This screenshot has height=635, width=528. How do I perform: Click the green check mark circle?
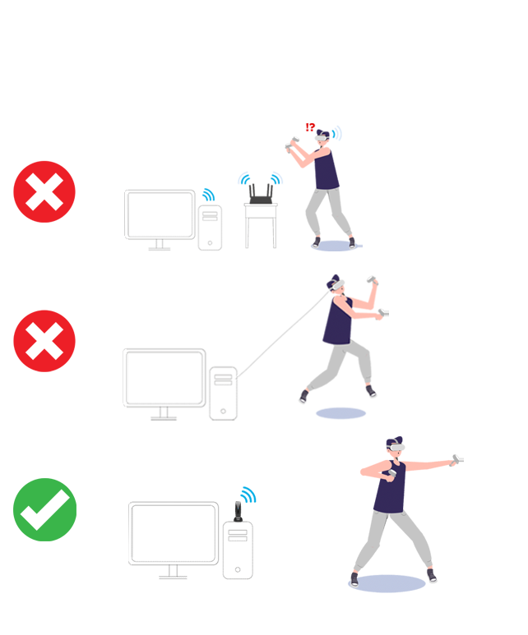coord(44,509)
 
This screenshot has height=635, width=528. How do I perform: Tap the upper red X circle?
coord(44,191)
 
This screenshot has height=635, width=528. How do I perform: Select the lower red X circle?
coord(44,341)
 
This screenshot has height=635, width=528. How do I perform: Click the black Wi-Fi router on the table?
coord(261,195)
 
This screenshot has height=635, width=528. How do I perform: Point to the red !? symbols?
coord(310,127)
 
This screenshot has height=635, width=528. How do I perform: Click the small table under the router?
coord(261,225)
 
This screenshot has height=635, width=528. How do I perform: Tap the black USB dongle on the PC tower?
coord(238,512)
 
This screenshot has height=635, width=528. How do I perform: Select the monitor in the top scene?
coord(160,219)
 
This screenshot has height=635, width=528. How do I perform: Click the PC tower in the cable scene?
coord(223,393)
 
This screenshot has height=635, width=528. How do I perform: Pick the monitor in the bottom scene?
coord(174,540)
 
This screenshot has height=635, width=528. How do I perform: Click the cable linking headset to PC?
coord(283,334)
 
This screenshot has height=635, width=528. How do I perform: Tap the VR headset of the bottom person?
coord(396,447)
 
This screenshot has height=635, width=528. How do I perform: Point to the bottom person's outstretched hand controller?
coord(457,460)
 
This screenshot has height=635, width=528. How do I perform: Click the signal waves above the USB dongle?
coord(248,495)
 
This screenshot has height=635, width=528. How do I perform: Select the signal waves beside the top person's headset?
coord(337,133)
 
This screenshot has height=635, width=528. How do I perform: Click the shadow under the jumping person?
coord(340,413)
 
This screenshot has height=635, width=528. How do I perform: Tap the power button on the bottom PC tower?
coord(238,569)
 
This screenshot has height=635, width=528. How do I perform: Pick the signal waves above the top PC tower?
coord(208,195)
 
